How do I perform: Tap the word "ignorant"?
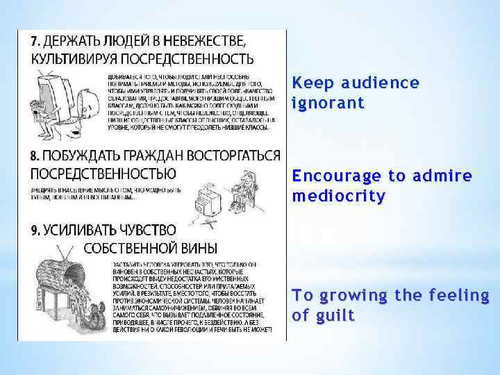(x=328, y=104)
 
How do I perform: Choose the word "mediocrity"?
(x=338, y=196)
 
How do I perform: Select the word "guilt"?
(x=335, y=316)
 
